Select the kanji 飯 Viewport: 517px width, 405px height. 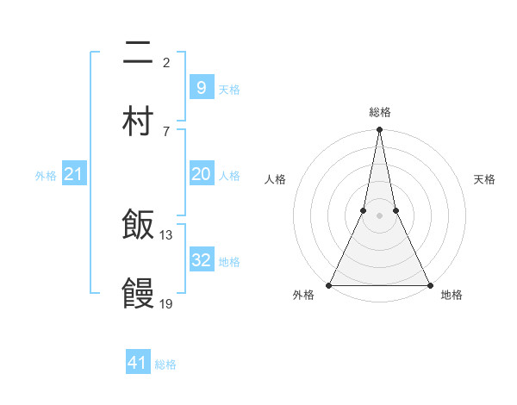[x=138, y=226]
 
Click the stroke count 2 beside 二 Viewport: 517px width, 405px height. [x=166, y=62]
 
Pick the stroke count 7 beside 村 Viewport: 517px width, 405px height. [x=166, y=131]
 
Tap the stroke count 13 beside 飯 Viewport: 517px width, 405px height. [x=167, y=234]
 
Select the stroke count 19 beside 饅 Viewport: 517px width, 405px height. [x=167, y=303]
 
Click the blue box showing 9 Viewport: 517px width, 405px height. [x=201, y=87]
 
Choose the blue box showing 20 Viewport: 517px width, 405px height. [x=201, y=174]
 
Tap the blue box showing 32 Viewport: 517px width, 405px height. [x=201, y=259]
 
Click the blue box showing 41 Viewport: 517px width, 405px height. [x=138, y=363]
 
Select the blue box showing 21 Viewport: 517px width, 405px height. [x=74, y=174]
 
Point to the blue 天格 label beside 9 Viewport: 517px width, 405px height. [x=229, y=89]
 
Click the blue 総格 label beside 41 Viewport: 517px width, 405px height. [x=165, y=364]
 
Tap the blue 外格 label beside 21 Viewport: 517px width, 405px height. [x=46, y=176]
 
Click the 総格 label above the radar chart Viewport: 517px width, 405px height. [x=379, y=112]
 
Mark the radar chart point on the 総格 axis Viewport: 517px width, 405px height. [x=379, y=130]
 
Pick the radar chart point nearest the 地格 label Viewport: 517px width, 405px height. [x=428, y=284]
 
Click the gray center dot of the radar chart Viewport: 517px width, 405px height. [x=379, y=215]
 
